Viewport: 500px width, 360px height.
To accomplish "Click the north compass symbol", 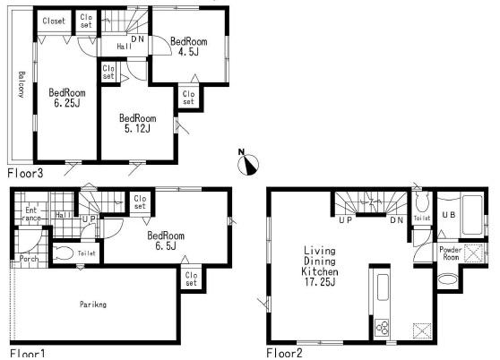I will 252,161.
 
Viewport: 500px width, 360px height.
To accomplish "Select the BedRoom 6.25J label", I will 66,98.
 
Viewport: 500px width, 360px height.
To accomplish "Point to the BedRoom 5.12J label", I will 137,124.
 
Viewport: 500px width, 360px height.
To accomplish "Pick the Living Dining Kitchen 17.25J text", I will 318,266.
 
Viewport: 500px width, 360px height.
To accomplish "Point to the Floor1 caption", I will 24,352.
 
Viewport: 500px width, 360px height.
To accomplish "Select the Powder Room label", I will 451,254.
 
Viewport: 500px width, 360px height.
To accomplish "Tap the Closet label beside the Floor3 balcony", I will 53,21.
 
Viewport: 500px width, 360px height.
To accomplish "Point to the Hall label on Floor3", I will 125,46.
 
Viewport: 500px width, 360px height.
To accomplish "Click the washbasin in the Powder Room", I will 445,279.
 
